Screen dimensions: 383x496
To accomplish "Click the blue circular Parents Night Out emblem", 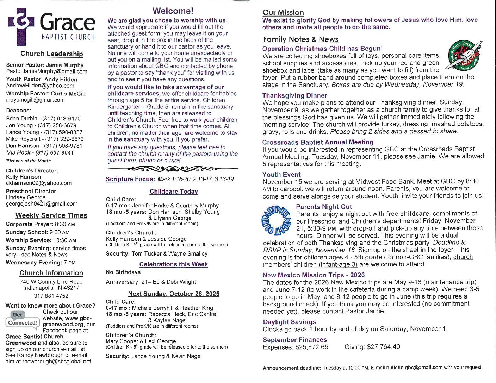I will pos(275,220).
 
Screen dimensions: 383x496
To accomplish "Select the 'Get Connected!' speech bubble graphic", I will pos(22,319).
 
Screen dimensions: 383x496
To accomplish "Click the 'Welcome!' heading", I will pos(173,11).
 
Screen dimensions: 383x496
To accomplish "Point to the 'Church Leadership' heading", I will pos(51,54).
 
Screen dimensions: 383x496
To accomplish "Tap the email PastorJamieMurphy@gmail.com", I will pos(46,71).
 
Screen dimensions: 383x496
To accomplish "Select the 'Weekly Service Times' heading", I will pos(51,215).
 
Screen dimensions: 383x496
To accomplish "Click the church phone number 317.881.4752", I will pos(51,296).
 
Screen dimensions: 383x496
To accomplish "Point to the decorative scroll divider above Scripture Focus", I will pos(172,169).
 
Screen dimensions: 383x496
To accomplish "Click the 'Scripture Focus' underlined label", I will pos(130,179).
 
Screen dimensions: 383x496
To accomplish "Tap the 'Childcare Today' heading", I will pos(174,191).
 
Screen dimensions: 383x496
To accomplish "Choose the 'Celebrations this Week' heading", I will pos(173,264).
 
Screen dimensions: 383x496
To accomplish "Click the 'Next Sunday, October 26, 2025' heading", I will pos(174,294).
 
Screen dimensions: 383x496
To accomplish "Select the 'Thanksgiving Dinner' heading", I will pos(294,95).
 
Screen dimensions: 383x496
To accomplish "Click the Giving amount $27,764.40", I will pos(383,347).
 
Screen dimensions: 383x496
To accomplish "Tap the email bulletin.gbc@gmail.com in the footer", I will pos(414,368).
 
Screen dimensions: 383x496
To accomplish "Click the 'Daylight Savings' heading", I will pos(289,322).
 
